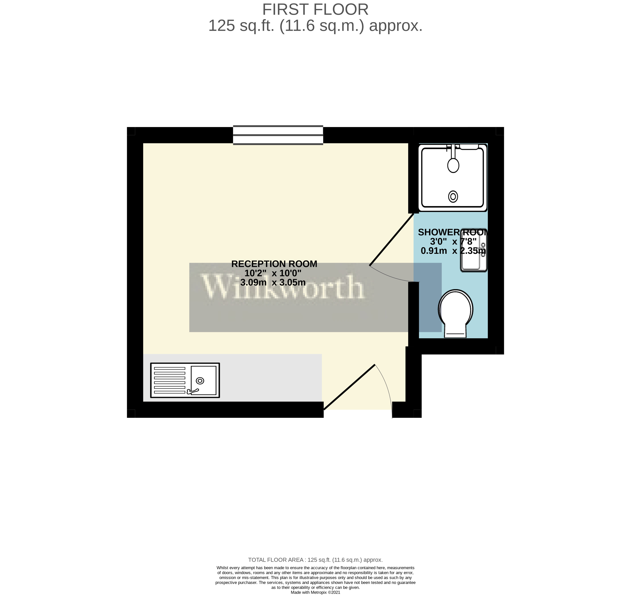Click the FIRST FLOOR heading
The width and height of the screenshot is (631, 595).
pyautogui.click(x=315, y=10)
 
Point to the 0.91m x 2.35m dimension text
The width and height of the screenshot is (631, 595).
pyautogui.click(x=453, y=251)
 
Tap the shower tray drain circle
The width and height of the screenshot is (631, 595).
pyautogui.click(x=453, y=197)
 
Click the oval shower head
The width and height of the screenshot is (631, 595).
pyautogui.click(x=453, y=165)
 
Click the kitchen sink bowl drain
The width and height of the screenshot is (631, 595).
pyautogui.click(x=200, y=380)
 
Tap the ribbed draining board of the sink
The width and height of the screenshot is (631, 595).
pyautogui.click(x=169, y=380)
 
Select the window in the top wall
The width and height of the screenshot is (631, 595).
pyautogui.click(x=278, y=135)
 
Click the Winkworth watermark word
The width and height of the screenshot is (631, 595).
pyautogui.click(x=282, y=287)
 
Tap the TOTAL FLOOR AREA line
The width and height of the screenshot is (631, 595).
pyautogui.click(x=315, y=560)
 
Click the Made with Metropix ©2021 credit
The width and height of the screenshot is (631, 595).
pyautogui.click(x=315, y=592)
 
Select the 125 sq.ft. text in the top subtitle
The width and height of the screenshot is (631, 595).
pyautogui.click(x=241, y=26)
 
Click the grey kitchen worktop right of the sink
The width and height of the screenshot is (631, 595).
pyautogui.click(x=270, y=378)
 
